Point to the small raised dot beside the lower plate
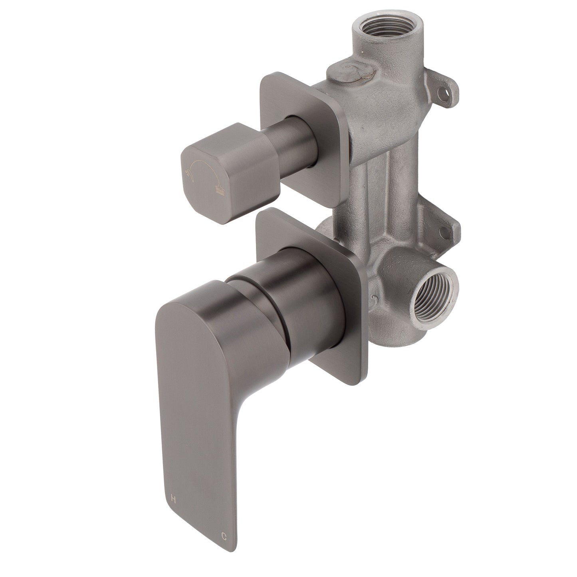[373, 299]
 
